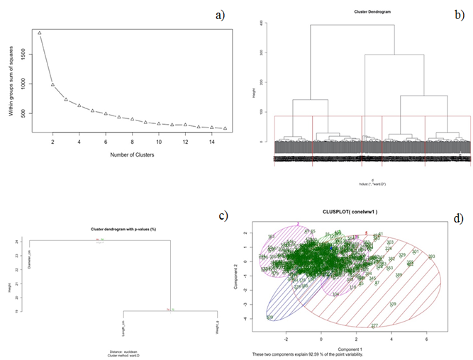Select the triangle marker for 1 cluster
(40, 33)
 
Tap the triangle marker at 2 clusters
(52, 84)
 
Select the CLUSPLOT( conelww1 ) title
(350, 213)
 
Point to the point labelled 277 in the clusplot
(374, 326)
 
